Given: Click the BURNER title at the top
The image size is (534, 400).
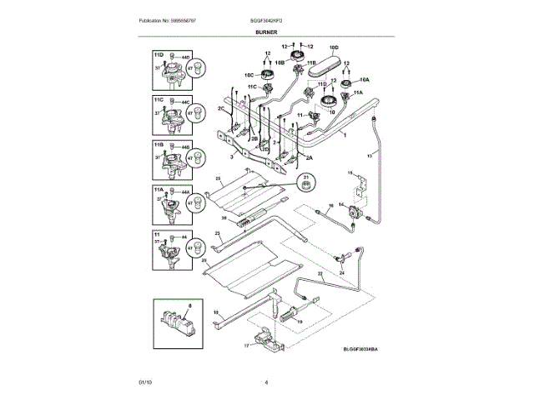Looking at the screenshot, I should (267, 32).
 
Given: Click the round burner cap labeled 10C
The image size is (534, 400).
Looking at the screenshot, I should (269, 77).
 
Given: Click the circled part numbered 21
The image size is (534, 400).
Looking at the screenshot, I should (305, 181).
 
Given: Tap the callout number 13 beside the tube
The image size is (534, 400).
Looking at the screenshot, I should (370, 156).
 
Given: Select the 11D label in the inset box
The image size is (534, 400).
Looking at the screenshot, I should (159, 53).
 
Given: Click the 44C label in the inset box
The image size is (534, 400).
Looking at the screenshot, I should (187, 102).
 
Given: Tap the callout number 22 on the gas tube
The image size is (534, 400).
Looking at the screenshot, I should (319, 274).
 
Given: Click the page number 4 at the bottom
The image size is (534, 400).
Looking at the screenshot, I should (267, 382).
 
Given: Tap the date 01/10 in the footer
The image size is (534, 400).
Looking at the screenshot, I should (146, 382).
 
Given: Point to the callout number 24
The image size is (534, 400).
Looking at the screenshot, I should (341, 272).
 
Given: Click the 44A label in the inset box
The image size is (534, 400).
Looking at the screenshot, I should (187, 192).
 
